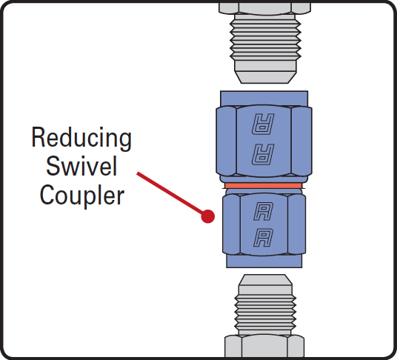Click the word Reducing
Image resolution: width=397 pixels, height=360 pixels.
click(x=81, y=139)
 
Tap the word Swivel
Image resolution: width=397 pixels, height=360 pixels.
click(x=81, y=166)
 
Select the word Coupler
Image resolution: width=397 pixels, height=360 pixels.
click(x=82, y=195)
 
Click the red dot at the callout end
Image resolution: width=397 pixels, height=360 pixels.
click(x=208, y=216)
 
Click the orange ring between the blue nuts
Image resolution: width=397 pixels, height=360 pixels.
click(x=264, y=186)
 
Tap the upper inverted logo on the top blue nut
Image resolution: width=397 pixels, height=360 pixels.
click(x=263, y=124)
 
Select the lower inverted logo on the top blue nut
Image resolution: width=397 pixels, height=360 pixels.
click(x=263, y=154)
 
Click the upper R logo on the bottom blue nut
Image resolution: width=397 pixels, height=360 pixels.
click(x=264, y=211)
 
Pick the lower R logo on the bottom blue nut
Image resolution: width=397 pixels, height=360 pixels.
click(x=264, y=238)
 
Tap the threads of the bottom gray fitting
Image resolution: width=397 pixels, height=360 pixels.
click(x=265, y=313)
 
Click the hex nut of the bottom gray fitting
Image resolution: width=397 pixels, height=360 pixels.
click(x=264, y=346)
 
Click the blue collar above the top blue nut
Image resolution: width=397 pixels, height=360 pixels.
click(x=264, y=99)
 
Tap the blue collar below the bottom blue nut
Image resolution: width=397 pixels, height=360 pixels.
click(x=264, y=261)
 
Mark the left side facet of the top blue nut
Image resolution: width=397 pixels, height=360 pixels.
click(x=226, y=141)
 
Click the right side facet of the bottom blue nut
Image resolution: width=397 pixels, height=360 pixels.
click(x=297, y=224)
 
